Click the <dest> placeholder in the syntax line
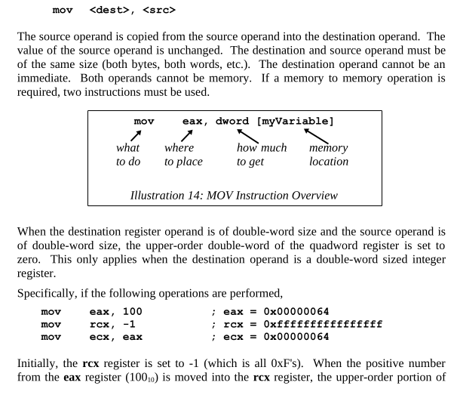click(x=109, y=11)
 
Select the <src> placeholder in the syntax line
click(x=159, y=11)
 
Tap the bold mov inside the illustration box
click(x=144, y=122)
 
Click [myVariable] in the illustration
click(x=295, y=122)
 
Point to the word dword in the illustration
click(x=232, y=121)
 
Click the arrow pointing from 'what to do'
click(x=136, y=136)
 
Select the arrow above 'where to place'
click(x=187, y=136)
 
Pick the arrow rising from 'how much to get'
click(x=248, y=137)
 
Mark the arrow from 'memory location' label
click(x=316, y=137)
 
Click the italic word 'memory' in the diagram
click(x=329, y=148)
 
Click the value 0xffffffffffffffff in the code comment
click(x=323, y=324)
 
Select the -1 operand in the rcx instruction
click(x=129, y=324)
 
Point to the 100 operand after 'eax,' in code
click(x=132, y=311)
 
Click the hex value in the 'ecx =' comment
click(x=296, y=337)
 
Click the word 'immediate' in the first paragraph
click(x=42, y=79)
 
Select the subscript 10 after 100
click(x=151, y=380)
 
